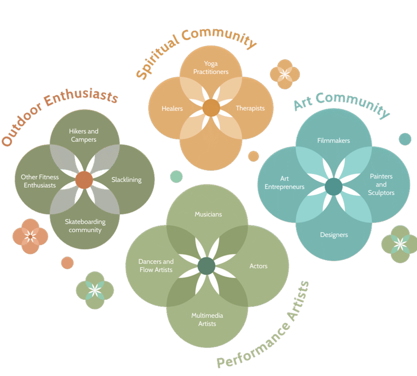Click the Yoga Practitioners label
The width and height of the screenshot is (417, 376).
pyautogui.click(x=211, y=68)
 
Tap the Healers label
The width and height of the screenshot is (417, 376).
pyautogui.click(x=172, y=108)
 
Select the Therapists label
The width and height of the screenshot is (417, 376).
pyautogui.click(x=250, y=108)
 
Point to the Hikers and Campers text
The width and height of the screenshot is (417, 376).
pyautogui.click(x=83, y=135)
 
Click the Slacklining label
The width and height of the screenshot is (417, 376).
pyautogui.click(x=126, y=180)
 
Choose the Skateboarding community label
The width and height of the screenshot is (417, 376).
pyautogui.click(x=85, y=226)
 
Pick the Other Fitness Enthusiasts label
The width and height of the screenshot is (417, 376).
pyautogui.click(x=40, y=181)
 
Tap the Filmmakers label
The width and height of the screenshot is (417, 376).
pyautogui.click(x=334, y=141)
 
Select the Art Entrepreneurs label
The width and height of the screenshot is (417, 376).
pyautogui.click(x=284, y=183)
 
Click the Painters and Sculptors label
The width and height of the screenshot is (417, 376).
pyautogui.click(x=381, y=184)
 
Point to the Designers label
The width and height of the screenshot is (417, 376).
pyautogui.click(x=334, y=235)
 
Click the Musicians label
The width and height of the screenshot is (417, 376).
pyautogui.click(x=208, y=214)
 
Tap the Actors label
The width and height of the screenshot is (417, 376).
pyautogui.click(x=258, y=266)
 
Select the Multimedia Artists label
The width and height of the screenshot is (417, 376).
pyautogui.click(x=207, y=319)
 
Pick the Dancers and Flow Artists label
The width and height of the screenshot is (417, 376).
pyautogui.click(x=156, y=266)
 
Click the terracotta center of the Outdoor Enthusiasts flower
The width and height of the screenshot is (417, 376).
pyautogui.click(x=84, y=180)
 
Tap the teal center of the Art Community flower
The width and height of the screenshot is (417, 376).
pyautogui.click(x=334, y=187)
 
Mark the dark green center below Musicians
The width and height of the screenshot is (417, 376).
pyautogui.click(x=206, y=266)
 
